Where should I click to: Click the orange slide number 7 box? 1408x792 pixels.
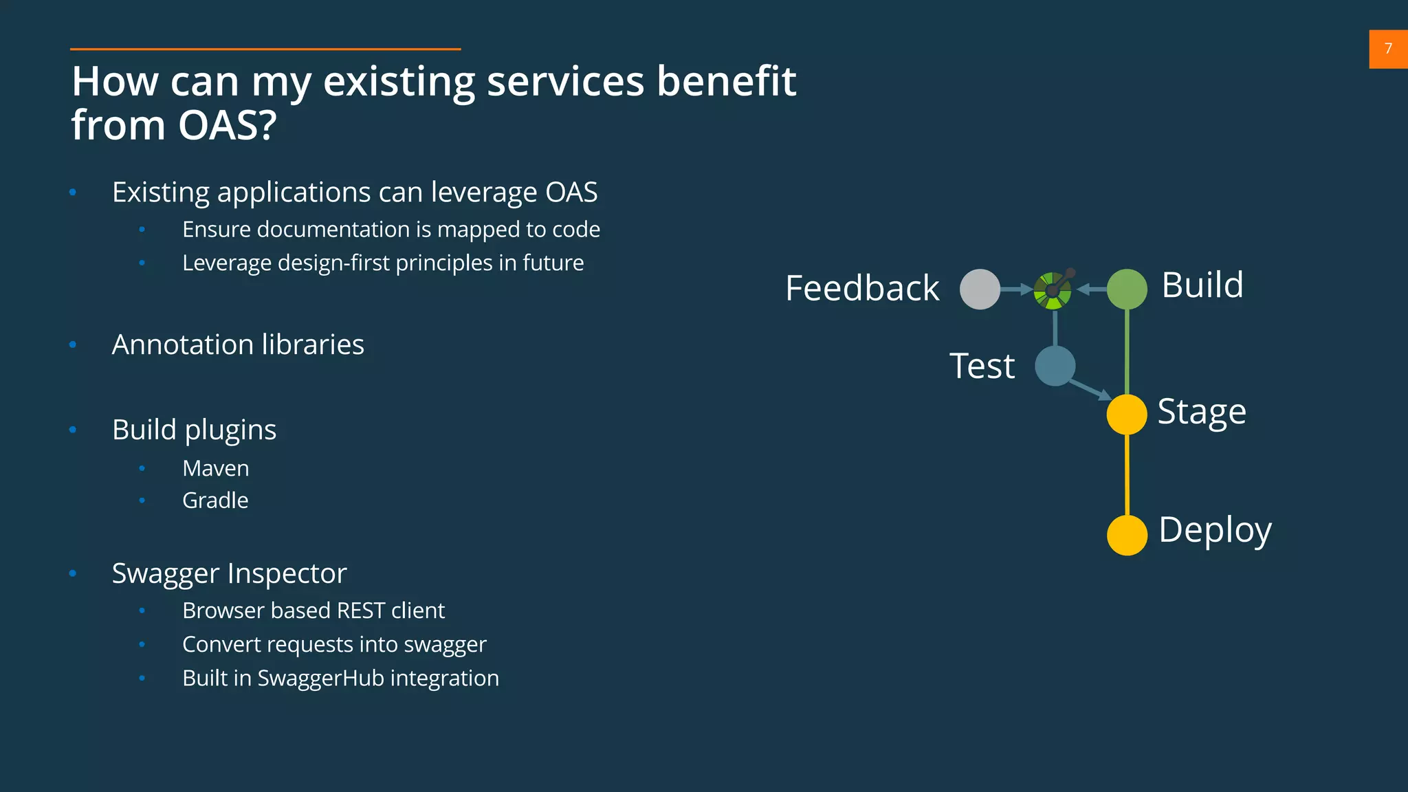(x=1388, y=49)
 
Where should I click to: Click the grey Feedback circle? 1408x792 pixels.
(x=980, y=289)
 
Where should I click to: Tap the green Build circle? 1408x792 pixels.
(x=1127, y=289)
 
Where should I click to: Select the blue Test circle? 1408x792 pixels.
(x=1055, y=366)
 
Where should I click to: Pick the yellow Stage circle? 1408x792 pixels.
(x=1127, y=415)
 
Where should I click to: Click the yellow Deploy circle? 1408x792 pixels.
(x=1127, y=535)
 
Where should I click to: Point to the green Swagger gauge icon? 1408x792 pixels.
(x=1053, y=291)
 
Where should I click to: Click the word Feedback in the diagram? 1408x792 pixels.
(x=862, y=288)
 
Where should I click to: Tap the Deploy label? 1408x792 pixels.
(x=1215, y=530)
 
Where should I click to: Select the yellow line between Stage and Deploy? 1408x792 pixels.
(x=1127, y=474)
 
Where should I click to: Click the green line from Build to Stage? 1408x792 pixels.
(x=1127, y=351)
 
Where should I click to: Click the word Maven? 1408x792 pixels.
(x=215, y=468)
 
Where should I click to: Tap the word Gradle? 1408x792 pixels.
(x=215, y=500)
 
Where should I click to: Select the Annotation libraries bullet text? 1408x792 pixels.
(x=238, y=344)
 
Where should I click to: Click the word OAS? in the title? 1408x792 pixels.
(x=227, y=126)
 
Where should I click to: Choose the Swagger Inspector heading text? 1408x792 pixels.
(x=229, y=573)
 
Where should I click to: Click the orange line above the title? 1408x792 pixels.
(x=265, y=49)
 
